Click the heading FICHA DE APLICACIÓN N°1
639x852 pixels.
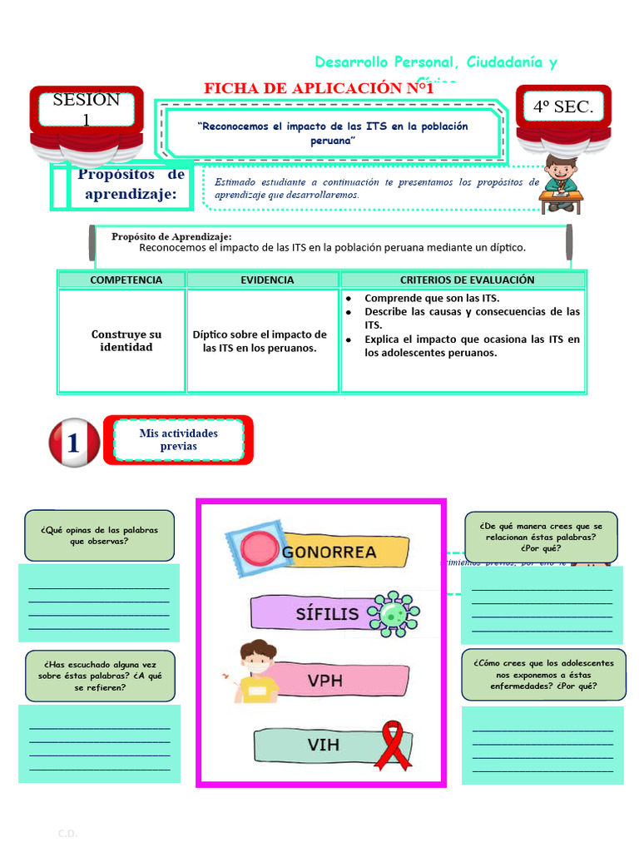pos(319,88)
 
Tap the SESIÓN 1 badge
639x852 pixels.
pos(86,110)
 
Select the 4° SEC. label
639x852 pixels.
pos(563,106)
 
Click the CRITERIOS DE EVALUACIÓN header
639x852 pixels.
pos(467,280)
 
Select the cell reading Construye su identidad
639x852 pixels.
pos(126,340)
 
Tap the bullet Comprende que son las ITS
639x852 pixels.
pos(432,298)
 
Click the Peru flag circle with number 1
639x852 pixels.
pos(75,442)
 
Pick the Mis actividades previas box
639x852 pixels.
pos(178,439)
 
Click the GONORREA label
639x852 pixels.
pos(329,552)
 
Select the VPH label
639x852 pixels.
pos(324,681)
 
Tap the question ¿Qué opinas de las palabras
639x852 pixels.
pos(99,536)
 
